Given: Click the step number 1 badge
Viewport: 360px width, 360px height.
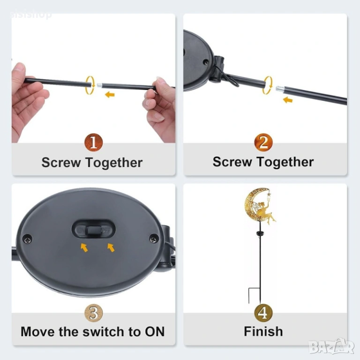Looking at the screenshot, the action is pos(93,142).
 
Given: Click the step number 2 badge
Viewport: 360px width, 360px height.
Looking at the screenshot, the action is pos(263,142).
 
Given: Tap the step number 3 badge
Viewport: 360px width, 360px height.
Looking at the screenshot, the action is pos(93,313).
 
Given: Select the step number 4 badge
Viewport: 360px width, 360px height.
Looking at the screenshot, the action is pos(263,313).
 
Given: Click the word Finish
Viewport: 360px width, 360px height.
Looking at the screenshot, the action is pos(263,331).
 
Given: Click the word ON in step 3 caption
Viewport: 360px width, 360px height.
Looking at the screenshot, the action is pos(155,331).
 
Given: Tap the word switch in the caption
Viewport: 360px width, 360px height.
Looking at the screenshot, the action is pos(104,331).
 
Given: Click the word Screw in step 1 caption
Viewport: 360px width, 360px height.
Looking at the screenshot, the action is pos(61,162).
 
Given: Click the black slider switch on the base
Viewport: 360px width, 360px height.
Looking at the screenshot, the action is pos(94,230).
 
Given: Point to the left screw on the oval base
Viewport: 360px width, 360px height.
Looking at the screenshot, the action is pos(28,239).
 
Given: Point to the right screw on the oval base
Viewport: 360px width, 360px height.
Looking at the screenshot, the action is pos(154,239).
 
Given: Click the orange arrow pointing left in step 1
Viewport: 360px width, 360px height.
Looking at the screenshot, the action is pos(110,94).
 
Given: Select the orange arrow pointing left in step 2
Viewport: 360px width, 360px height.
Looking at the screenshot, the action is pos(288,100).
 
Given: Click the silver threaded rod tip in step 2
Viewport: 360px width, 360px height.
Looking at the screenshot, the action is pos(280,89).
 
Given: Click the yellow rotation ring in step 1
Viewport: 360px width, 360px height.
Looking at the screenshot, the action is pos(90,85).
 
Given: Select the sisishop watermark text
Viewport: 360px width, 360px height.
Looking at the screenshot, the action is pos(31,15).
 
